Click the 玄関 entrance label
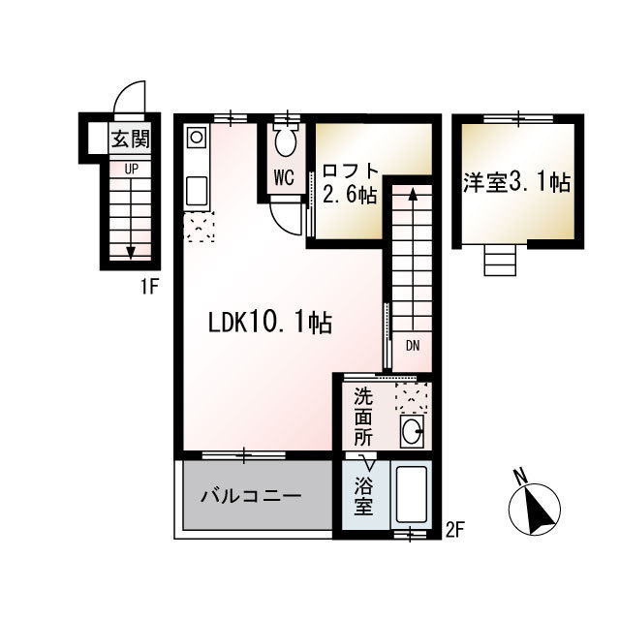pos(130,139)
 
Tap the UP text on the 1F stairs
pos(132,170)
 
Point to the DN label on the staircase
pos(413,346)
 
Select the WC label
pos(284,177)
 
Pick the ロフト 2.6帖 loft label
pos(350,183)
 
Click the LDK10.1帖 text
pos(269,323)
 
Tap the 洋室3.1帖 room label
pos(516,183)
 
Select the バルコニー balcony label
pos(251,496)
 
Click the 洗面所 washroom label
pos(363,418)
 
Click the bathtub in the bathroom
pos(411,495)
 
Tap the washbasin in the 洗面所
pos(412,431)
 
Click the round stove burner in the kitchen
pos(197,138)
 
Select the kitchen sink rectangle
pos(197,192)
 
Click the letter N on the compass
pos(521,475)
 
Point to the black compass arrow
pos(539,511)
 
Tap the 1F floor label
pos(149,287)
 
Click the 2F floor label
pos(454,530)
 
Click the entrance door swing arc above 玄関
pos(125,90)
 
